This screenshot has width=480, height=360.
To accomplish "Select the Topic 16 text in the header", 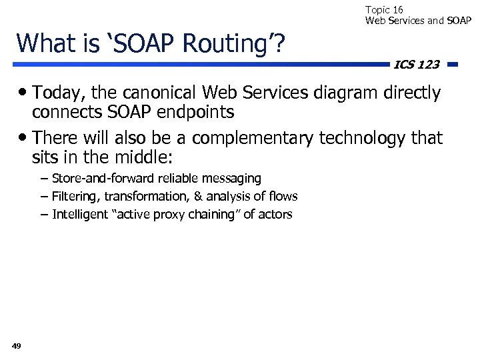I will (x=384, y=9).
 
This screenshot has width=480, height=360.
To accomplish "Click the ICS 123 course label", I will (x=417, y=65).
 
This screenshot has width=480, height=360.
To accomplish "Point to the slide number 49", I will (x=17, y=345).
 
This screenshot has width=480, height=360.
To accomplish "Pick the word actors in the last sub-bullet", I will (x=274, y=214).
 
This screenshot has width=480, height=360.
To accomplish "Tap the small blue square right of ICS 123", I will (x=453, y=65).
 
